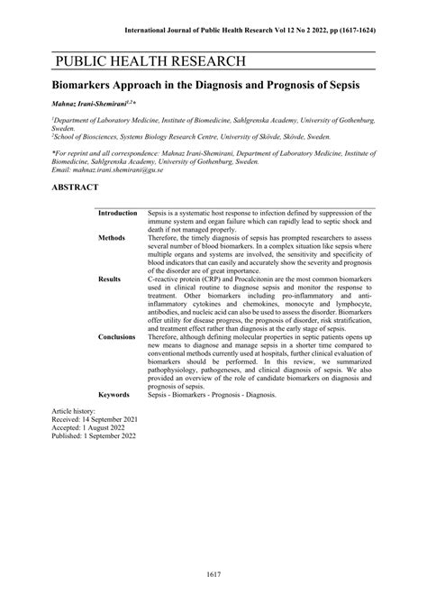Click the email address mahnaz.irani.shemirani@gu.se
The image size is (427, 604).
[x=121, y=169]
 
